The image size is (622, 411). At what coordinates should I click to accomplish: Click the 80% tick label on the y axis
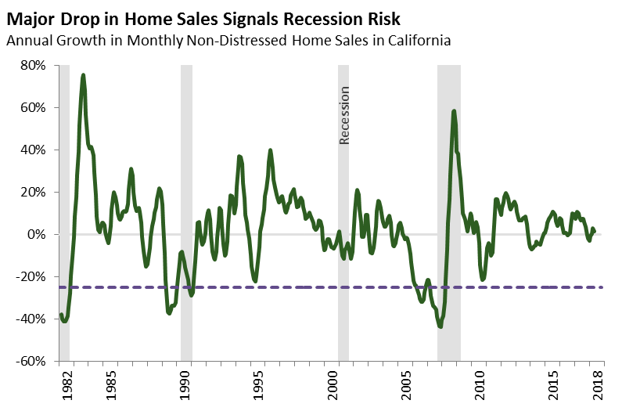coord(34,65)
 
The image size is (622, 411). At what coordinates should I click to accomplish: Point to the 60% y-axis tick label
coord(34,107)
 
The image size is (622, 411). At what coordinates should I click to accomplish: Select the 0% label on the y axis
coord(38,235)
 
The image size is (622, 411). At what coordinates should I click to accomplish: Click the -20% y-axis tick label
coord(32,277)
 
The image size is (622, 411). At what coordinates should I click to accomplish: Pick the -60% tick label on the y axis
coord(32,362)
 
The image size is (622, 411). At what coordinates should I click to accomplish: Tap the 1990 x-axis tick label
coord(186,385)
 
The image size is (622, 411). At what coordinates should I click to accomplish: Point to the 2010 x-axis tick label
coord(480,385)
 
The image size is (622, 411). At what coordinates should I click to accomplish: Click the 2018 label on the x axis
coord(599,385)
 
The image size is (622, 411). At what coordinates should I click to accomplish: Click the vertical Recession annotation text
coord(344,115)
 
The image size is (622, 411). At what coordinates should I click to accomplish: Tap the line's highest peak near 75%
coord(83,75)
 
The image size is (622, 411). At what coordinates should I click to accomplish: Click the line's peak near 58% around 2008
coord(454,111)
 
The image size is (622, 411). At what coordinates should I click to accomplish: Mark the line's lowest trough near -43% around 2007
coord(440,326)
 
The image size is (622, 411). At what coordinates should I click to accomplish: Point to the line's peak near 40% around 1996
coord(270,150)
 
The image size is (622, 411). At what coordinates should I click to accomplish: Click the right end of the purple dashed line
coord(601,287)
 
